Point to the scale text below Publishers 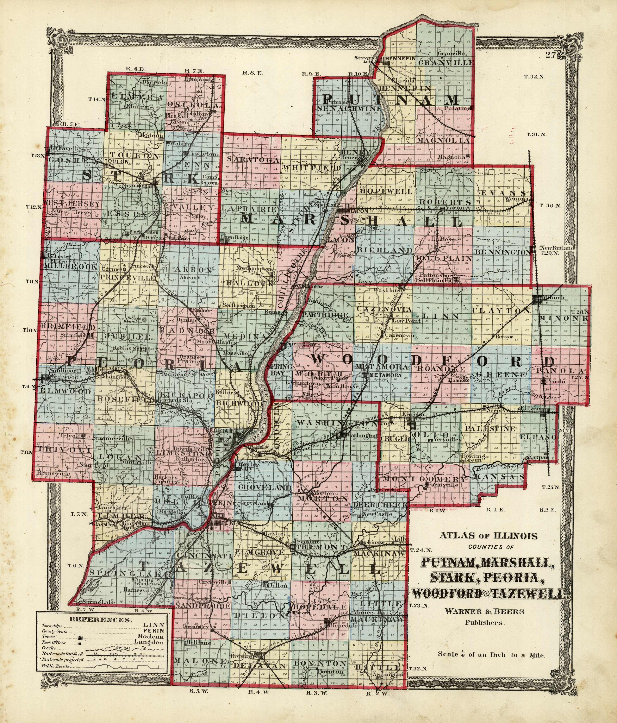point(492,655)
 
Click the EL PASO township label point(539,437)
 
